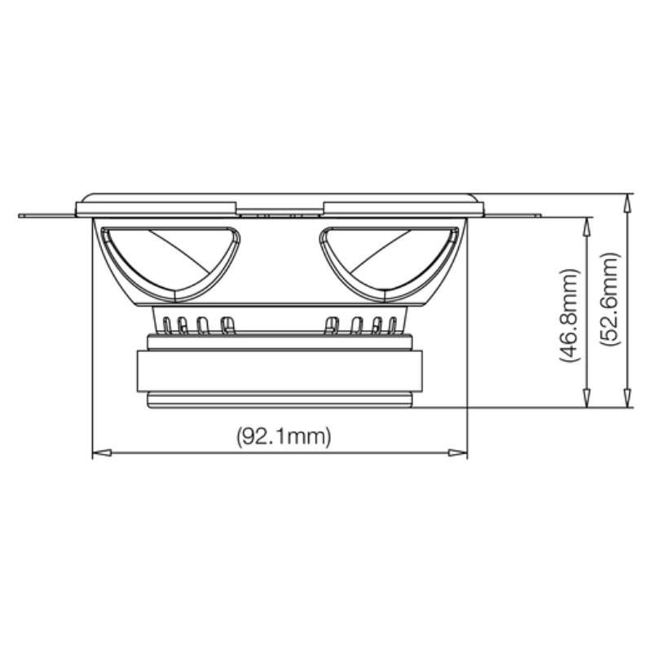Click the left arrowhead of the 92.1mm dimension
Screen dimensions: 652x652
98,452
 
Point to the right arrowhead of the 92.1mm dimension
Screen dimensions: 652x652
461,452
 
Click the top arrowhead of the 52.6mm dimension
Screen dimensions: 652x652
628,200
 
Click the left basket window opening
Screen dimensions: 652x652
170,257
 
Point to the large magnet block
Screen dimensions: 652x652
280,371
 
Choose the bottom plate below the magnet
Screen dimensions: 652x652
280,399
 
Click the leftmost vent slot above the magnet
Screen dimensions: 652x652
167,326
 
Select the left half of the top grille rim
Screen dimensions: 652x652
157,208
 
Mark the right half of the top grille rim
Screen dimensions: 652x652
399,208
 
